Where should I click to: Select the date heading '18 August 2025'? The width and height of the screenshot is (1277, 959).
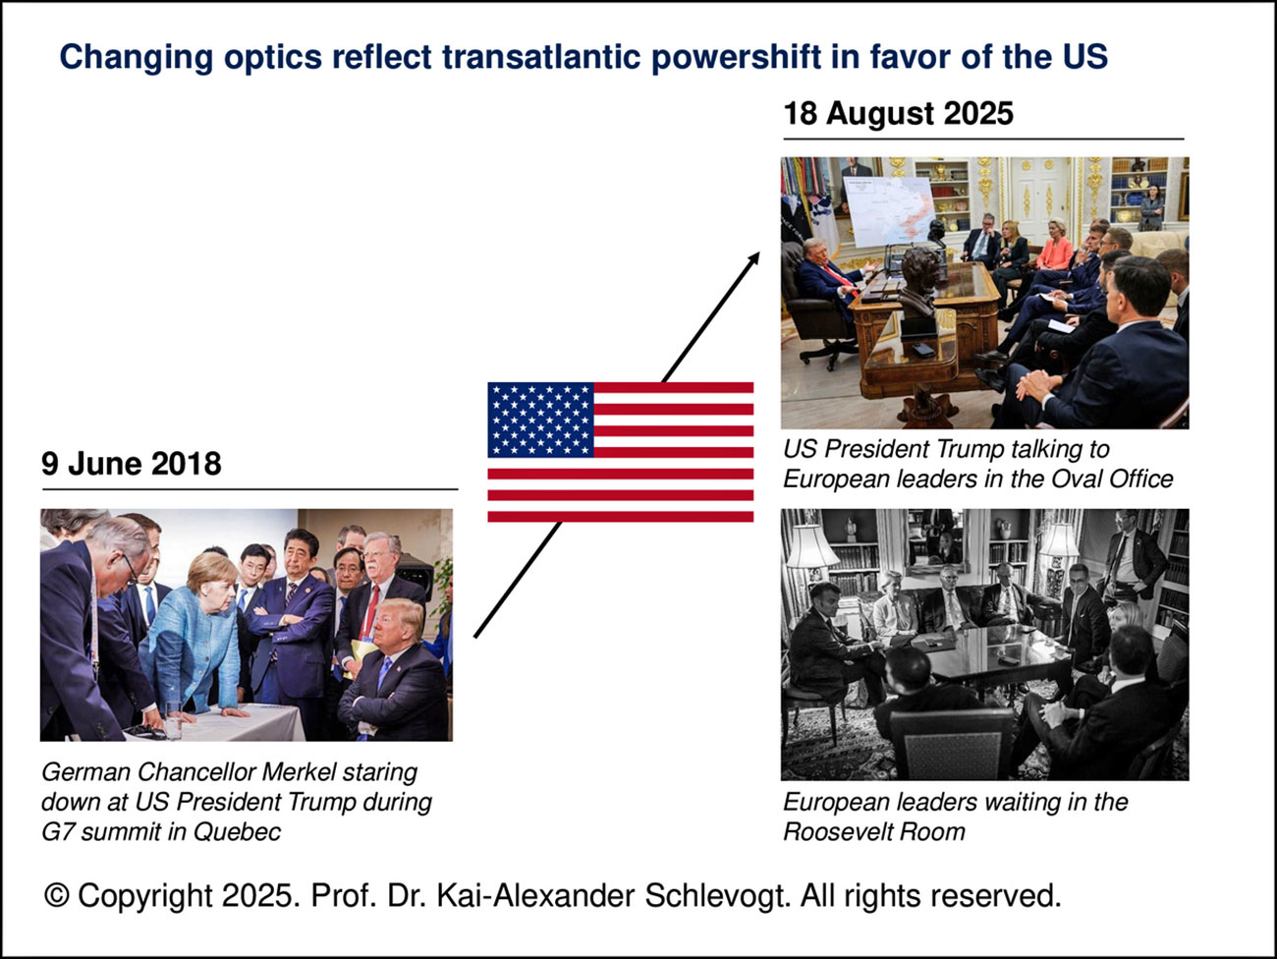click(898, 113)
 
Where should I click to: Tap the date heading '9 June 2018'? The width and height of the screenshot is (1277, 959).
click(132, 464)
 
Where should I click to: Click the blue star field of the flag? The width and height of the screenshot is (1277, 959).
click(540, 420)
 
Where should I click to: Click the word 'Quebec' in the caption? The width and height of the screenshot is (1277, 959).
click(237, 831)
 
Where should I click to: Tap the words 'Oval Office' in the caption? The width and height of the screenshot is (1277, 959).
click(1112, 479)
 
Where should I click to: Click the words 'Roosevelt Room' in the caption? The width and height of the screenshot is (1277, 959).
click(874, 831)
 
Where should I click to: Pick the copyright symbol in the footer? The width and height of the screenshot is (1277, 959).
click(56, 895)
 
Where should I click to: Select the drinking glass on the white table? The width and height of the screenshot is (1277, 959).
click(173, 720)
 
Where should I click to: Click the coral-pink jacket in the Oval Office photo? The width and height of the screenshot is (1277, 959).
click(1055, 254)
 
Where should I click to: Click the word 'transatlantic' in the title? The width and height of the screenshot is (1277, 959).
click(540, 57)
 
